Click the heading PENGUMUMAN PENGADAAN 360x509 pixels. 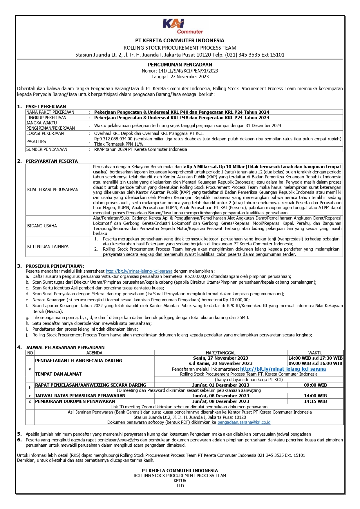[x=180, y=65]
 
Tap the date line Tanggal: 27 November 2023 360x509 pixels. [x=180, y=77]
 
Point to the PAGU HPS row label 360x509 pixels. [x=36, y=142]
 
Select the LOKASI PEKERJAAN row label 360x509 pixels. [x=45, y=133]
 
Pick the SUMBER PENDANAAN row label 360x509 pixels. [x=47, y=149]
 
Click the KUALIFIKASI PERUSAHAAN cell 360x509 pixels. [x=53, y=190]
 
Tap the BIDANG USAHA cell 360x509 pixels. [x=42, y=226]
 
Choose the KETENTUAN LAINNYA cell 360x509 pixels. [x=48, y=247]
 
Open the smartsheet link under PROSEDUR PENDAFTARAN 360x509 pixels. [x=139, y=271]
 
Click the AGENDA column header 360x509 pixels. [x=94, y=353]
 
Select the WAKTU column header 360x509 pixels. [x=315, y=353]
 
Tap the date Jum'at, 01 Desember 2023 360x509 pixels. [x=220, y=385]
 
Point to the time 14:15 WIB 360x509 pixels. [x=315, y=401]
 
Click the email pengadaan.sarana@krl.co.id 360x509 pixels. [x=244, y=422]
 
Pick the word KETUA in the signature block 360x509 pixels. [x=180, y=481]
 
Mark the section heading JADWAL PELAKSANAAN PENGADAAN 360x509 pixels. [x=65, y=347]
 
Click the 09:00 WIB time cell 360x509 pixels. [x=315, y=385]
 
